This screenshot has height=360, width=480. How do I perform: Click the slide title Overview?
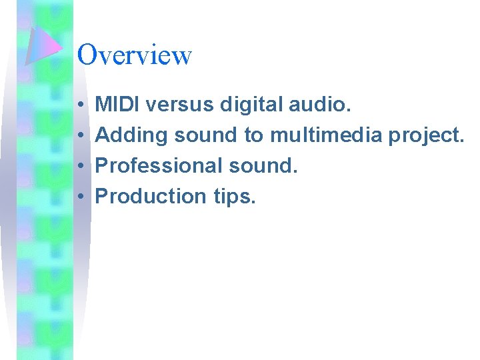pos(134,55)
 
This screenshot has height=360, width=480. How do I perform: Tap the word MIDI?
pos(117,104)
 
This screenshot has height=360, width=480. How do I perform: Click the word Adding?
pos(132,135)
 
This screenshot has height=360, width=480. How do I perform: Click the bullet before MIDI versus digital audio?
pos(79,105)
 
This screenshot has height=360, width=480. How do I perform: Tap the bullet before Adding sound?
pos(79,136)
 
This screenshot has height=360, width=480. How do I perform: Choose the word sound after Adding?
pos(205,135)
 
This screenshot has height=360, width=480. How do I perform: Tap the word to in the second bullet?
pos(253,135)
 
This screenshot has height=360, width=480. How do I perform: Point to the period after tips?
pos(253,202)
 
